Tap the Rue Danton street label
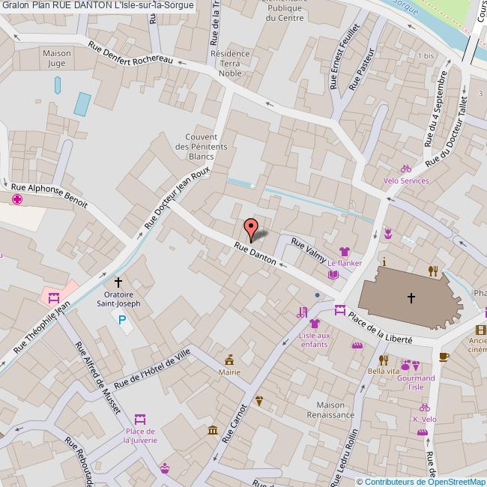click(255, 254)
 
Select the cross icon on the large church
click(411, 297)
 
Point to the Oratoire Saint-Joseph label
click(118, 299)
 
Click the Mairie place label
click(229, 371)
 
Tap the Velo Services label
click(405, 181)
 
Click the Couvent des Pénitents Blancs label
click(201, 147)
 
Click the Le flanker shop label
click(345, 264)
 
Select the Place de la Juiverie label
click(140, 436)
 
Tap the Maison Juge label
click(57, 58)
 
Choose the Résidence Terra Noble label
click(229, 64)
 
